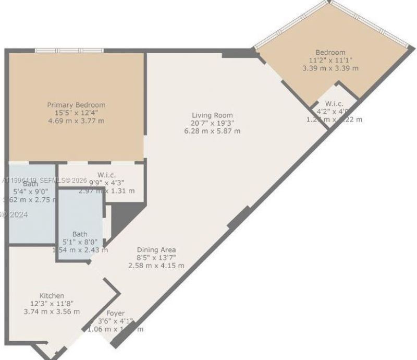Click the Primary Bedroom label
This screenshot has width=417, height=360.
coord(76,105)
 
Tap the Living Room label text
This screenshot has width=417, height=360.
coord(212,115)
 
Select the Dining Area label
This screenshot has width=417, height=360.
coord(156,249)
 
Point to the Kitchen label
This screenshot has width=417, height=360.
coord(52,296)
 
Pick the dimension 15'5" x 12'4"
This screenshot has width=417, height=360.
coord(76,113)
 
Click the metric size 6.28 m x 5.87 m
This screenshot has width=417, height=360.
coord(212,131)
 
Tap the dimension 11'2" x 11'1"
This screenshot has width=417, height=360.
coord(330,60)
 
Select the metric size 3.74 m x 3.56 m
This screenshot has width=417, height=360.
coord(52,311)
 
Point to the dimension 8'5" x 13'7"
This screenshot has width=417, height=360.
coord(156,257)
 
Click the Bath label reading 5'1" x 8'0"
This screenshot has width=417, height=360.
coord(80,234)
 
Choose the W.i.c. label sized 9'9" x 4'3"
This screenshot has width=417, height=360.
coord(106,175)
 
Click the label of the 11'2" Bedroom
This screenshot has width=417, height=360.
coord(330,52)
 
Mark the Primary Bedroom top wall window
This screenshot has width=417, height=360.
coord(69,50)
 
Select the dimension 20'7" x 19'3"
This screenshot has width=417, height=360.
coord(212,123)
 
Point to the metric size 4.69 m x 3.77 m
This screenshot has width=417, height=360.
coord(76,121)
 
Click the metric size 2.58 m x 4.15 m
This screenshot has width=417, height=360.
coord(156,265)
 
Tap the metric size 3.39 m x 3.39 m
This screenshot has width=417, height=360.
coord(330,68)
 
